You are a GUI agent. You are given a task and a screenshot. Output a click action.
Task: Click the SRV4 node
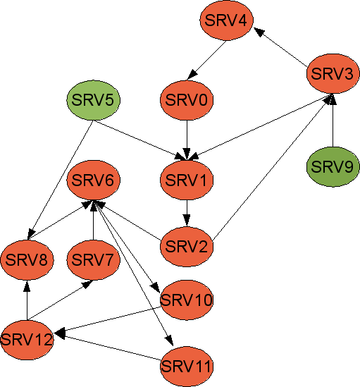coord(227,20)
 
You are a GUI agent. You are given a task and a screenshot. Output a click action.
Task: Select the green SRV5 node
coord(93,100)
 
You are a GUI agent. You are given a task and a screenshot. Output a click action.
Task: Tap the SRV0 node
coord(187,100)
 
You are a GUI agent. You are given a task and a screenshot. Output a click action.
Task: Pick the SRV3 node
coord(333,73)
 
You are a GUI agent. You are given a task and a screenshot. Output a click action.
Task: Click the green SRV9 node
coord(333,166)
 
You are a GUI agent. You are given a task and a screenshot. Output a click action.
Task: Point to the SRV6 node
coord(93,180)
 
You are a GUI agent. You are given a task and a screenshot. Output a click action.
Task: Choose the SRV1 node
coord(187,180)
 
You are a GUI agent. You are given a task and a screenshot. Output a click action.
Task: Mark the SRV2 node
coord(187,246)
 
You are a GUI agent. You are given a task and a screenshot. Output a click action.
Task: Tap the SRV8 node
coord(27,259)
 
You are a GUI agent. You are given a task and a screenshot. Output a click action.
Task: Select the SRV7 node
coord(93,259)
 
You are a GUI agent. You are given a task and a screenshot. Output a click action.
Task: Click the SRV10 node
coord(187,300)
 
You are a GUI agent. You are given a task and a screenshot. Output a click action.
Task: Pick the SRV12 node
coord(27,340)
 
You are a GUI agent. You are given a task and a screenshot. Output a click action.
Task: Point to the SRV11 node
coord(187,367)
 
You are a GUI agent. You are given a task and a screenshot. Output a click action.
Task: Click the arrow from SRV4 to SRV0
coord(206,60)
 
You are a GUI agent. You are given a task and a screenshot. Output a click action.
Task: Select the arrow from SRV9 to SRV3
coord(333,121)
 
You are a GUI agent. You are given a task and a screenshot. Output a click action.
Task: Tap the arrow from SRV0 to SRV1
coord(187,140)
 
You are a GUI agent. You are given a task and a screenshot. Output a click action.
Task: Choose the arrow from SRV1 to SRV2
coord(187,214)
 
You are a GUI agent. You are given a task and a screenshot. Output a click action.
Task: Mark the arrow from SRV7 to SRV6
coord(93,220)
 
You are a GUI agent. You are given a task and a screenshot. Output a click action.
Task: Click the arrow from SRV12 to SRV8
coord(27,300)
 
